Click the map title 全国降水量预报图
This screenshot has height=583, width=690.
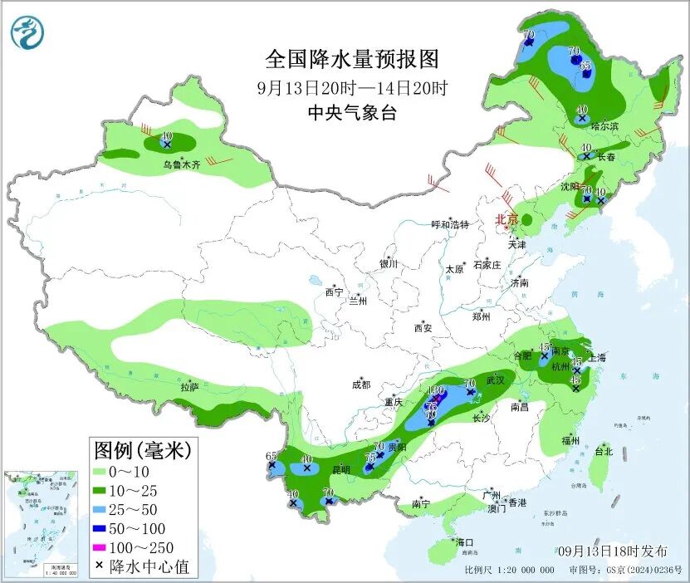tap(351, 59)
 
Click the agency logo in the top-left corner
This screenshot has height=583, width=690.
tap(28, 32)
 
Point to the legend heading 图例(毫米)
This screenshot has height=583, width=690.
tap(142, 450)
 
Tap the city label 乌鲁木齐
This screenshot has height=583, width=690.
tap(181, 165)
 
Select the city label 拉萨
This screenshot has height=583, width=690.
tap(189, 386)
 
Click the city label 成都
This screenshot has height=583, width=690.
tap(360, 385)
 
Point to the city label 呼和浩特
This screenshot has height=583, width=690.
tap(450, 224)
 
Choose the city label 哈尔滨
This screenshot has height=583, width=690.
tap(604, 126)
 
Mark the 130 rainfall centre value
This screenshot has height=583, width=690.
tap(436, 389)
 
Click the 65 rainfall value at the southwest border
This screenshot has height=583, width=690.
tap(271, 456)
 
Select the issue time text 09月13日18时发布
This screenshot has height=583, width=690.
tap(612, 551)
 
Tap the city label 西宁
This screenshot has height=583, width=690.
tap(334, 291)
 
